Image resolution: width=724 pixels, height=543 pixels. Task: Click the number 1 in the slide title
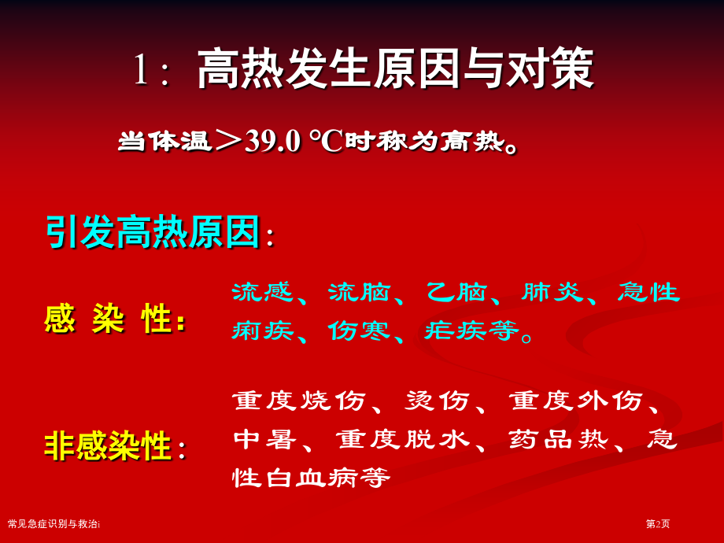click(x=140, y=69)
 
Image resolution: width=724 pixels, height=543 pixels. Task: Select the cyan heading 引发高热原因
click(x=153, y=231)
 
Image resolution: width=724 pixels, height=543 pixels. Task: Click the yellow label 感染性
click(x=109, y=319)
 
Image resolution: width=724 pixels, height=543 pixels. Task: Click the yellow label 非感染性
click(x=109, y=445)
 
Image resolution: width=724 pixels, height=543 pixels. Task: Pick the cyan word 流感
click(x=262, y=292)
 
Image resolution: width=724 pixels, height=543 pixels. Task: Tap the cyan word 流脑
click(x=359, y=292)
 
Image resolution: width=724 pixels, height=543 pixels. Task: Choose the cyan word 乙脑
click(x=456, y=292)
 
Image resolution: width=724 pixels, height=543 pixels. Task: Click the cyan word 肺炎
click(x=552, y=292)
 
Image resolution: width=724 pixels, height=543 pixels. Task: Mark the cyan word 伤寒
click(x=359, y=331)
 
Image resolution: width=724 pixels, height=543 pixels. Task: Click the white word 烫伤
click(x=438, y=401)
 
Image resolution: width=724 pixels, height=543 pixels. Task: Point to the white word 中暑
click(x=264, y=439)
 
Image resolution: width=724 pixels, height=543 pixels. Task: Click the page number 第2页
click(x=658, y=523)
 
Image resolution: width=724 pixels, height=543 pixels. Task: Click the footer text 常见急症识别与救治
click(x=53, y=523)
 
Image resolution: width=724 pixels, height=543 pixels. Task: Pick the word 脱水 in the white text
click(x=438, y=439)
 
